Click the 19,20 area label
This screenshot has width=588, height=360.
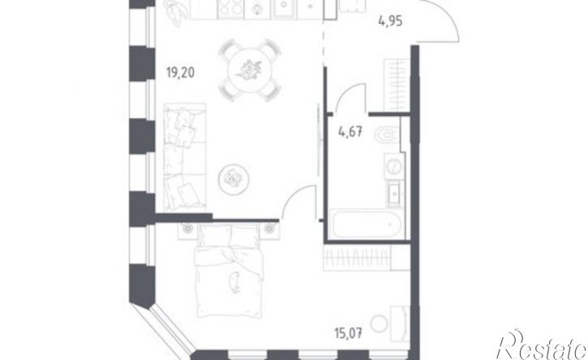tap(180, 72)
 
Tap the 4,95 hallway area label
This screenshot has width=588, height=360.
tap(390, 21)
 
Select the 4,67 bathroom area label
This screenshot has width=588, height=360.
tap(350, 131)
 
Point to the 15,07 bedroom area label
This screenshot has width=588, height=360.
tap(349, 332)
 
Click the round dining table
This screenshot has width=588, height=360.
tap(249, 70)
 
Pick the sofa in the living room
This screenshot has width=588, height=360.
tap(185, 156)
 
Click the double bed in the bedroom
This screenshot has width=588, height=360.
tap(229, 270)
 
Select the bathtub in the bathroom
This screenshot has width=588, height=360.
tap(367, 224)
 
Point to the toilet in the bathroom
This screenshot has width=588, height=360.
tap(387, 135)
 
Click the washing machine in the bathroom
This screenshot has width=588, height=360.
tap(393, 165)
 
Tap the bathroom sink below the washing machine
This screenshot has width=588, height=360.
tap(395, 193)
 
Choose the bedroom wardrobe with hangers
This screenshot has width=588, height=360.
tap(357, 257)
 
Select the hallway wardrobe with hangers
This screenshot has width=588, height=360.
tap(397, 85)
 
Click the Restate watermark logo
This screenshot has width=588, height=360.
tap(542, 345)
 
